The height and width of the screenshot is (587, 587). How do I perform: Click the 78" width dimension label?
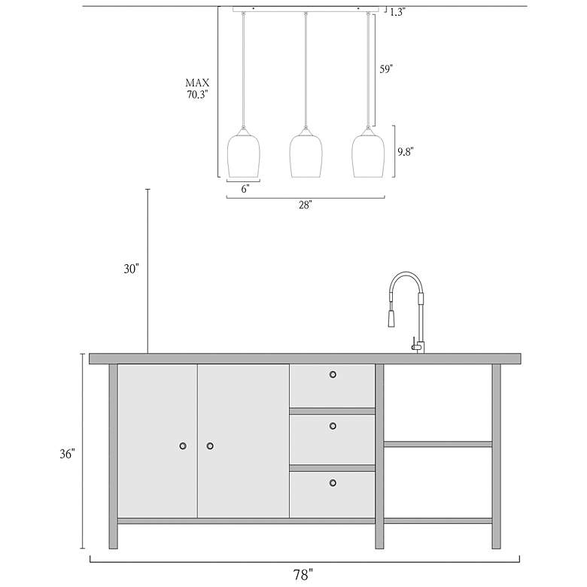click(x=303, y=574)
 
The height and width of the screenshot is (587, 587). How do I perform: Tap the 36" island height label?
click(x=68, y=454)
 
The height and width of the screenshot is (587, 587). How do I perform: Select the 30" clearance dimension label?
click(x=132, y=269)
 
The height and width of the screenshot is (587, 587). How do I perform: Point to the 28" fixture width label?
click(x=306, y=205)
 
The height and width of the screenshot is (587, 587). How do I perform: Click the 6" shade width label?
click(x=245, y=189)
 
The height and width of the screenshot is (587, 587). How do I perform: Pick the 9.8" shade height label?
click(x=406, y=151)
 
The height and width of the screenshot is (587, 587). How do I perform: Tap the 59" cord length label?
click(x=386, y=69)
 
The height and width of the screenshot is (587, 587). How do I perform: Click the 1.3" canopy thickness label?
click(x=397, y=12)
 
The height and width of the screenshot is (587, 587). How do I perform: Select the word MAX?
click(x=197, y=83)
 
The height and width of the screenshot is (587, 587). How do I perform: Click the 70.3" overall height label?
click(x=197, y=94)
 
